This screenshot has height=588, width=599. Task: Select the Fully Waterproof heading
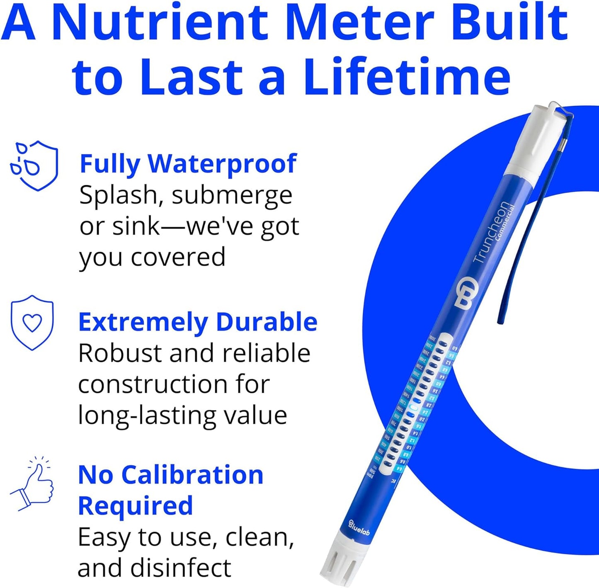[188, 163]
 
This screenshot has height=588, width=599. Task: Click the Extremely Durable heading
[198, 322]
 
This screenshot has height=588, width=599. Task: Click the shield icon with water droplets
[34, 165]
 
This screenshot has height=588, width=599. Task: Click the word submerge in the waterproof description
[232, 195]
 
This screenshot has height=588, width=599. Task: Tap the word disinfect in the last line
[181, 568]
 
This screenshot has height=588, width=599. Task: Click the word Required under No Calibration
[135, 506]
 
